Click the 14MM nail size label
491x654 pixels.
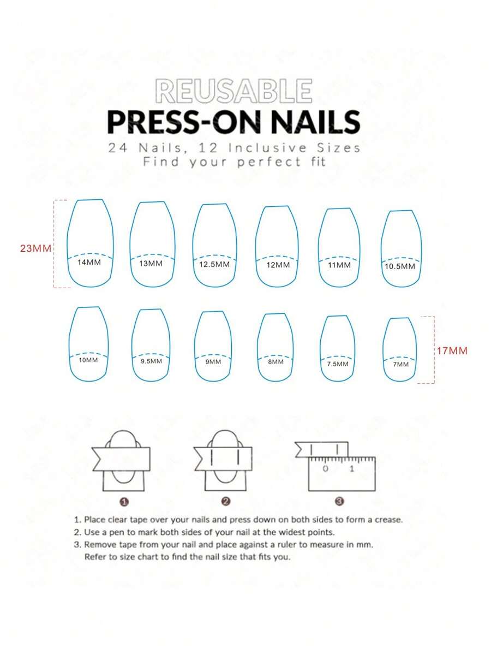(89, 263)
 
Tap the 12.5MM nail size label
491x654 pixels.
(214, 264)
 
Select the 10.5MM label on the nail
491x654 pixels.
(400, 266)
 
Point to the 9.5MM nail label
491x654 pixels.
(151, 361)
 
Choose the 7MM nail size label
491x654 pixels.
(401, 364)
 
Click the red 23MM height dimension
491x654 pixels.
(35, 248)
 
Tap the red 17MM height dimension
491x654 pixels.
(452, 351)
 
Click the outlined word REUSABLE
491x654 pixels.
(233, 91)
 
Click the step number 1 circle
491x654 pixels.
(124, 501)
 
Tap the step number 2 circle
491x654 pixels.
(226, 501)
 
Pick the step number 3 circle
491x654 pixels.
(340, 501)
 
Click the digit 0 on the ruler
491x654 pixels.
(326, 468)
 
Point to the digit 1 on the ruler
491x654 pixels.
(352, 468)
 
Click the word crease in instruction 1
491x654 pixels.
(388, 520)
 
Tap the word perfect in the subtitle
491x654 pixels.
(269, 162)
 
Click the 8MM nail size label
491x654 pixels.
(276, 361)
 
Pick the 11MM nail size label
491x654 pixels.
(339, 265)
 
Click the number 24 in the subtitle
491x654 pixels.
(118, 147)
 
